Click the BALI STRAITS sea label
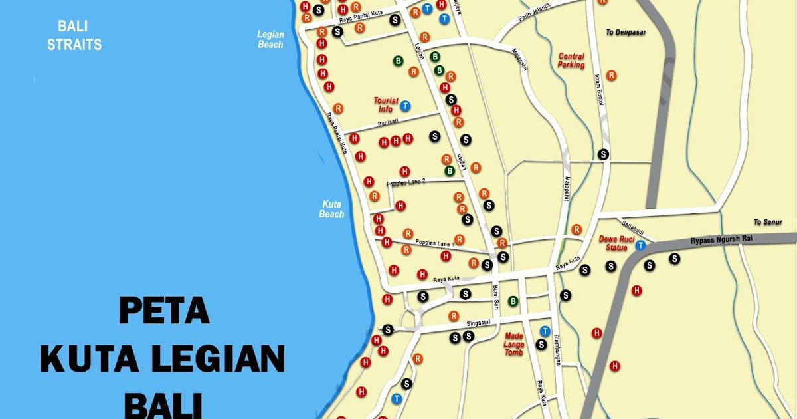coord(74,36)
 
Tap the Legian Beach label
coord(270,40)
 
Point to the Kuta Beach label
coord(331,209)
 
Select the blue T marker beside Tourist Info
coord(405,105)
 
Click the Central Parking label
coord(571,61)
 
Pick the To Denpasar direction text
coord(626,32)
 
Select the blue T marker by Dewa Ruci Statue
coord(640,245)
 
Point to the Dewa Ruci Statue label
coord(612,243)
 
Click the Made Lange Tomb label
coord(514,344)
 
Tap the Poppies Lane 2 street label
coord(416,182)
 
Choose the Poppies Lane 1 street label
coord(435,243)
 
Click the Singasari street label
coord(478,323)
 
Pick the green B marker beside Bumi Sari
coord(513,301)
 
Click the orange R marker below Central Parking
coord(612,76)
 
